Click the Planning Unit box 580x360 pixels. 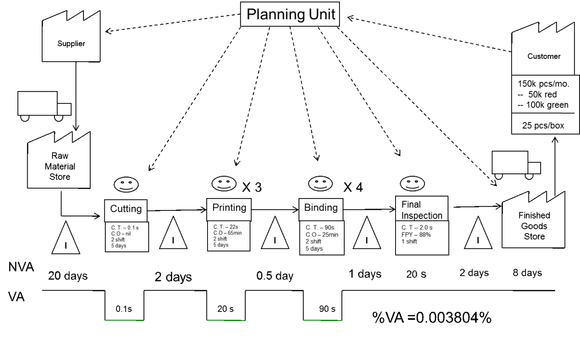pyautogui.click(x=290, y=14)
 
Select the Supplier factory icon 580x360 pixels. pyautogui.click(x=71, y=36)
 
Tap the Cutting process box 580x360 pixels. pyautogui.click(x=126, y=210)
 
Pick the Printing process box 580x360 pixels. pyautogui.click(x=229, y=209)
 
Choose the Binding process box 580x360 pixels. pyautogui.click(x=321, y=209)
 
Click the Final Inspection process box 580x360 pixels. pyautogui.click(x=422, y=209)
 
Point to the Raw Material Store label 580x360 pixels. pyautogui.click(x=60, y=166)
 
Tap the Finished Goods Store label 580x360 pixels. pyautogui.click(x=534, y=226)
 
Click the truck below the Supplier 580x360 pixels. pyautogui.click(x=44, y=106)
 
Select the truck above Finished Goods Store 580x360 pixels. pyautogui.click(x=516, y=165)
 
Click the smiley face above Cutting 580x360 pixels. pyautogui.click(x=126, y=185)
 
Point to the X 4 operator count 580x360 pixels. pyautogui.click(x=353, y=187)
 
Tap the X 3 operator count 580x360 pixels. pyautogui.click(x=252, y=187)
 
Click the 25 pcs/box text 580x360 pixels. pyautogui.click(x=543, y=126)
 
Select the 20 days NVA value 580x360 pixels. pyautogui.click(x=68, y=276)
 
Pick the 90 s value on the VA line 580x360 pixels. pyautogui.click(x=327, y=309)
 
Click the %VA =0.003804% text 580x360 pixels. pyautogui.click(x=432, y=317)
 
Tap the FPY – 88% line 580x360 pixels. pyautogui.click(x=416, y=235)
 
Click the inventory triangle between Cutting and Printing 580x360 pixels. pyautogui.click(x=173, y=233)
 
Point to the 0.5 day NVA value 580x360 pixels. pyautogui.click(x=275, y=276)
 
